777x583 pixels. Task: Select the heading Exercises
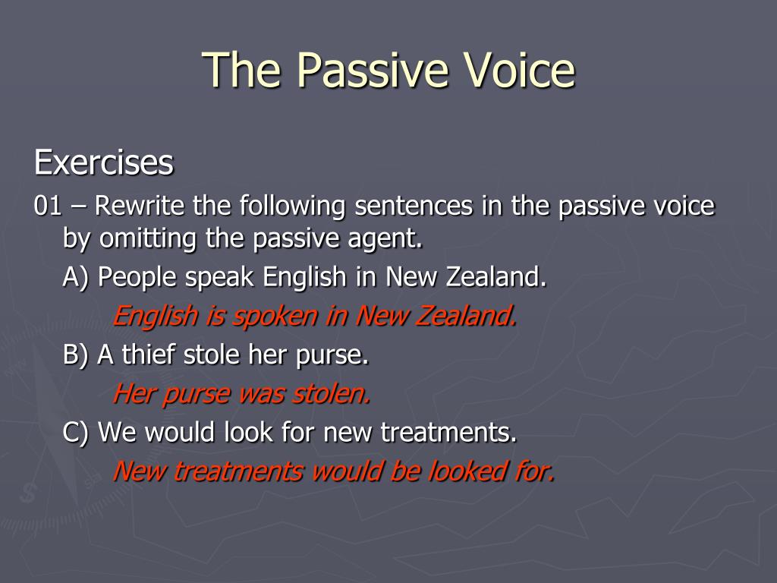[x=103, y=162]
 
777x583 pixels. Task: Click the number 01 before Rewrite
[x=48, y=206]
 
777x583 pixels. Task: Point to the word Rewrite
[x=140, y=205]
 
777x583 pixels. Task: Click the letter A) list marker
[x=75, y=277]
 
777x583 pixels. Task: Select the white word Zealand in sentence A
[x=495, y=276]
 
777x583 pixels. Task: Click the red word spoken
[x=275, y=317]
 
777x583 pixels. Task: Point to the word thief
[x=148, y=354]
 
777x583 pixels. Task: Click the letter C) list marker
[x=75, y=432]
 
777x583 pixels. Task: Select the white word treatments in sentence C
[x=448, y=432]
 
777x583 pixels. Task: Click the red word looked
[x=467, y=471]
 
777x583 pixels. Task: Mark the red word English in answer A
[x=155, y=317]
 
